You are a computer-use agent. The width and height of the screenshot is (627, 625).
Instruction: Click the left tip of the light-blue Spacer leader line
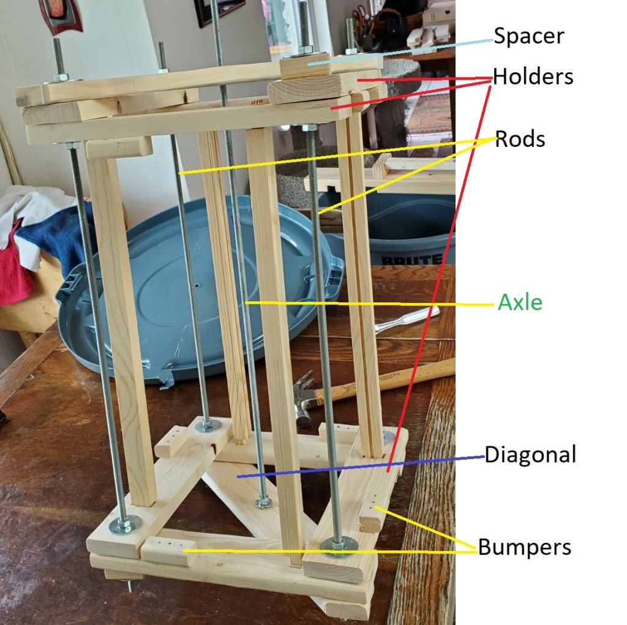(x=309, y=64)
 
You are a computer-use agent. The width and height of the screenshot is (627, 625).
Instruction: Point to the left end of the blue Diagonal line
(x=238, y=477)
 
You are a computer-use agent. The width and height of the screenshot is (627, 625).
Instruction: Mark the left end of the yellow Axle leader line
(x=246, y=302)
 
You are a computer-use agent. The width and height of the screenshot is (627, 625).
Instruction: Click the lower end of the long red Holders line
(x=388, y=472)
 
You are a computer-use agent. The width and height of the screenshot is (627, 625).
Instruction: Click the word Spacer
(x=529, y=36)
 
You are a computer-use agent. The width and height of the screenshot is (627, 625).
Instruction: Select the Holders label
(x=533, y=77)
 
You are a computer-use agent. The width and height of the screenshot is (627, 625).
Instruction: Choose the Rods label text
(x=520, y=139)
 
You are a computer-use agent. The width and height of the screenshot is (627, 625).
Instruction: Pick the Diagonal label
(x=530, y=454)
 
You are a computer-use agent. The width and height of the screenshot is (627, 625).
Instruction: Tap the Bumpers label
(x=525, y=547)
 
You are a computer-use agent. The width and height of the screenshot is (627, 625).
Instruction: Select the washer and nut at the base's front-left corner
(x=125, y=524)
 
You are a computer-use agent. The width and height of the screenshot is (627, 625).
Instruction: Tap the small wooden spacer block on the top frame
(x=305, y=65)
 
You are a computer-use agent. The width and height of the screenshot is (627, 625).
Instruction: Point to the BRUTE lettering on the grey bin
(x=411, y=260)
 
